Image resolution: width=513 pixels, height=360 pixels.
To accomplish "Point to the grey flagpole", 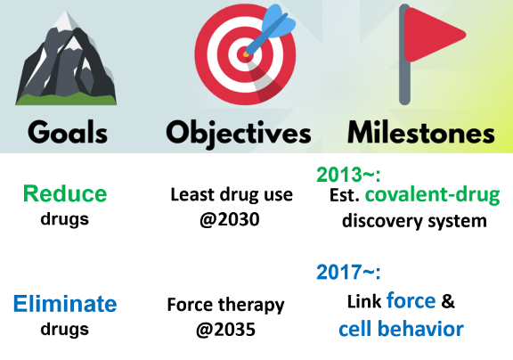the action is click(404, 55).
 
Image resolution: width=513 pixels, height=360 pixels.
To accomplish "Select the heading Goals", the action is click(68, 132).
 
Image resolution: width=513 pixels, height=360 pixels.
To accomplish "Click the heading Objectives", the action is click(239, 134).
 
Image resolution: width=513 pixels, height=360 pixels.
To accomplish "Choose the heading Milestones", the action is click(421, 133).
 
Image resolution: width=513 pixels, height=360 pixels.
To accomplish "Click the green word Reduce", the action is click(65, 193).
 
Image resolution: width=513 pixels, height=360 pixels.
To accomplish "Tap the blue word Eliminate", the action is click(65, 304).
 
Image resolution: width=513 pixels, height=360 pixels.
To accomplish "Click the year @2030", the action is click(230, 219).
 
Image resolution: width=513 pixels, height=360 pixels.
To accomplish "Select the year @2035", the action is click(225, 329).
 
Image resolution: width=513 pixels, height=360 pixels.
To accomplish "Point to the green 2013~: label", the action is click(349, 175).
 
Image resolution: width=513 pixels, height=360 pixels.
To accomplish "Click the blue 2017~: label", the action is click(349, 272).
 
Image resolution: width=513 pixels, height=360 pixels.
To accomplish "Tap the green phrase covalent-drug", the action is click(433, 195).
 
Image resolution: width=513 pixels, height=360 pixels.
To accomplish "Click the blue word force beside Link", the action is click(411, 300).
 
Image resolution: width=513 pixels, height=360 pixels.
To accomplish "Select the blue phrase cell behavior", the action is click(401, 329).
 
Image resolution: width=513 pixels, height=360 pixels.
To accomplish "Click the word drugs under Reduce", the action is click(65, 219).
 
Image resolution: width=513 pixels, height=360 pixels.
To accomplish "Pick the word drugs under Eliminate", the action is click(65, 329).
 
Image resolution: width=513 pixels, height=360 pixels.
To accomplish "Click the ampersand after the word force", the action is click(448, 301).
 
